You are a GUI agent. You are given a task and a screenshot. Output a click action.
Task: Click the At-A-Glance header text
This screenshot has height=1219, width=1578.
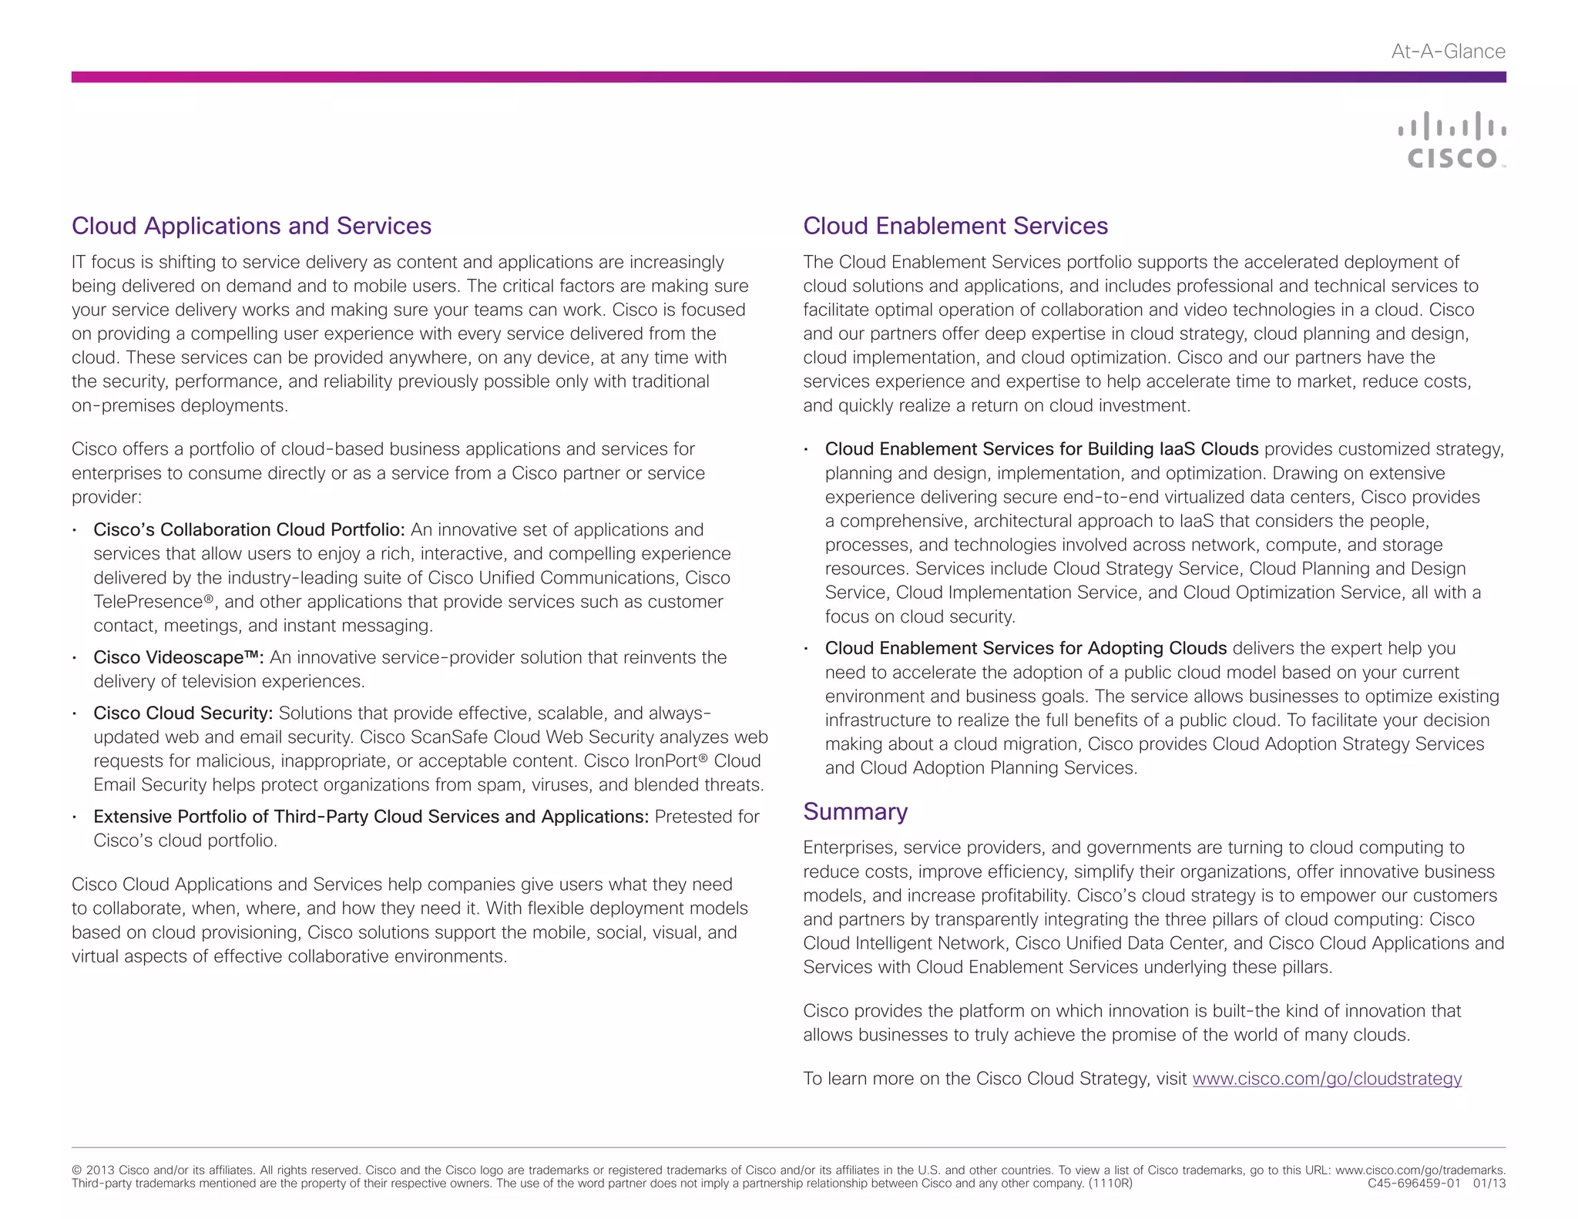coord(1448,52)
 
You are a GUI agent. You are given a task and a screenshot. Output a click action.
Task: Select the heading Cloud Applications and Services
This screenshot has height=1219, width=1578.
coord(251,226)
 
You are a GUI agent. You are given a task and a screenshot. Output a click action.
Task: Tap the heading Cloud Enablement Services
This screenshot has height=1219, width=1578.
coord(955,226)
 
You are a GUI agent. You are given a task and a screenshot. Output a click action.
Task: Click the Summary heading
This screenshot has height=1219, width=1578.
coord(854,811)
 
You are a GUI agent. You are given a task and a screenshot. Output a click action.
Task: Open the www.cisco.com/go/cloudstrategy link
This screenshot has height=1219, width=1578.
coord(1326,1079)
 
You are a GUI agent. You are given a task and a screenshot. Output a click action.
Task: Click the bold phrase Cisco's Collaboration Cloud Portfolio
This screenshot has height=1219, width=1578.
coord(248,530)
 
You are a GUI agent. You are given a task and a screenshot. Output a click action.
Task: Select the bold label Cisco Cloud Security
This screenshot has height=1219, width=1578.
coord(183,714)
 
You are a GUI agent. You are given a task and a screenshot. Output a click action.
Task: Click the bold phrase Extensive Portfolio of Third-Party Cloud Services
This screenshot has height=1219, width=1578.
coord(370,817)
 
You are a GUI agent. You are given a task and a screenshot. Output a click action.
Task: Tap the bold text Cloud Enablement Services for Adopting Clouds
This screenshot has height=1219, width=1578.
coord(1025,649)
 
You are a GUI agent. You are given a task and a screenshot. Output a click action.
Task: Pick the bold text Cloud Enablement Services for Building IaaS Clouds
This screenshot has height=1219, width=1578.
coord(1041,449)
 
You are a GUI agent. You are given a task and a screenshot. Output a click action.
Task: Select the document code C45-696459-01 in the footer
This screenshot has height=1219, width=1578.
coord(1414,1184)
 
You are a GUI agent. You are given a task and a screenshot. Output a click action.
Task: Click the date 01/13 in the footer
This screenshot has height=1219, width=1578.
coord(1489,1184)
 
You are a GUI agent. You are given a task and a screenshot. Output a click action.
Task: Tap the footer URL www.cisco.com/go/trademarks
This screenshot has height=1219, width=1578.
coord(1419,1170)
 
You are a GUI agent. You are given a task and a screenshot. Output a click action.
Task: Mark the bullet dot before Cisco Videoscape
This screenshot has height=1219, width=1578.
coord(74,659)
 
